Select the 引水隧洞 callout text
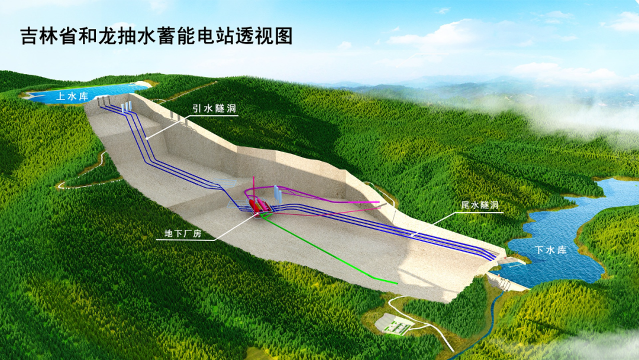coord(214,109)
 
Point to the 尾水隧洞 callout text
coord(480,205)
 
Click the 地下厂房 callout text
coord(179,234)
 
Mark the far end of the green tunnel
coord(395,282)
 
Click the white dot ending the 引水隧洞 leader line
coord(147,138)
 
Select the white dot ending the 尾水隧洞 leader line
coord(412,235)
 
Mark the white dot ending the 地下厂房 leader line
coord(258,214)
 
